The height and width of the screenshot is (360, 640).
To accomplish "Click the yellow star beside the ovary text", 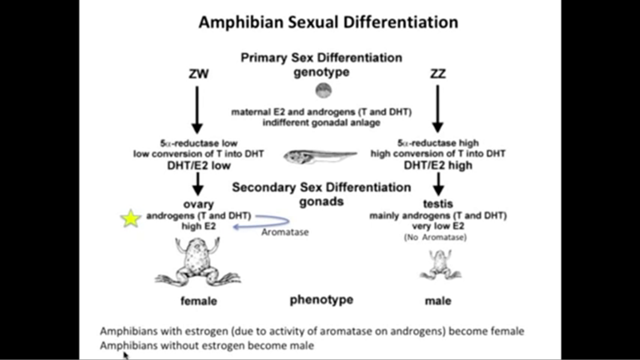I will click(x=130, y=218).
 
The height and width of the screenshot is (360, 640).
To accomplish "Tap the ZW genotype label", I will click(x=198, y=74).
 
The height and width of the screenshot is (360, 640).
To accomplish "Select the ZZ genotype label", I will click(x=437, y=74).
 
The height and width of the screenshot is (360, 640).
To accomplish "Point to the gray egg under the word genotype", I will click(x=323, y=90).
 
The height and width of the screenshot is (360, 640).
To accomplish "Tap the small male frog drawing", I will click(x=439, y=264).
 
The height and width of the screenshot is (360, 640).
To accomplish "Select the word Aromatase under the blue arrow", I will click(x=284, y=232).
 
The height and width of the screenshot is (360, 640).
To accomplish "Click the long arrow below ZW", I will click(x=197, y=109).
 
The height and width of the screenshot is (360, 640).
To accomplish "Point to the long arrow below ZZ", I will click(x=437, y=108).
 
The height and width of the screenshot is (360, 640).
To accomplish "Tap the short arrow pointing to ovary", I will click(x=198, y=184).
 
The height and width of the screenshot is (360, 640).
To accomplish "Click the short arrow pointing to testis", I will click(x=438, y=184).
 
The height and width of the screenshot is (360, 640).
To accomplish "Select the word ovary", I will click(x=198, y=204).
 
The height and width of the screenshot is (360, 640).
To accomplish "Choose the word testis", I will click(x=438, y=204).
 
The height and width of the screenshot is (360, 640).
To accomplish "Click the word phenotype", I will click(x=321, y=299).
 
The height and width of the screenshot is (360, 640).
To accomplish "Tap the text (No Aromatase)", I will click(x=435, y=237).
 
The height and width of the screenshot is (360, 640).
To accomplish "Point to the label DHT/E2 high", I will click(x=438, y=165).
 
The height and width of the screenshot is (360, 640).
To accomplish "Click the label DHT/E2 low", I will click(x=198, y=165).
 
